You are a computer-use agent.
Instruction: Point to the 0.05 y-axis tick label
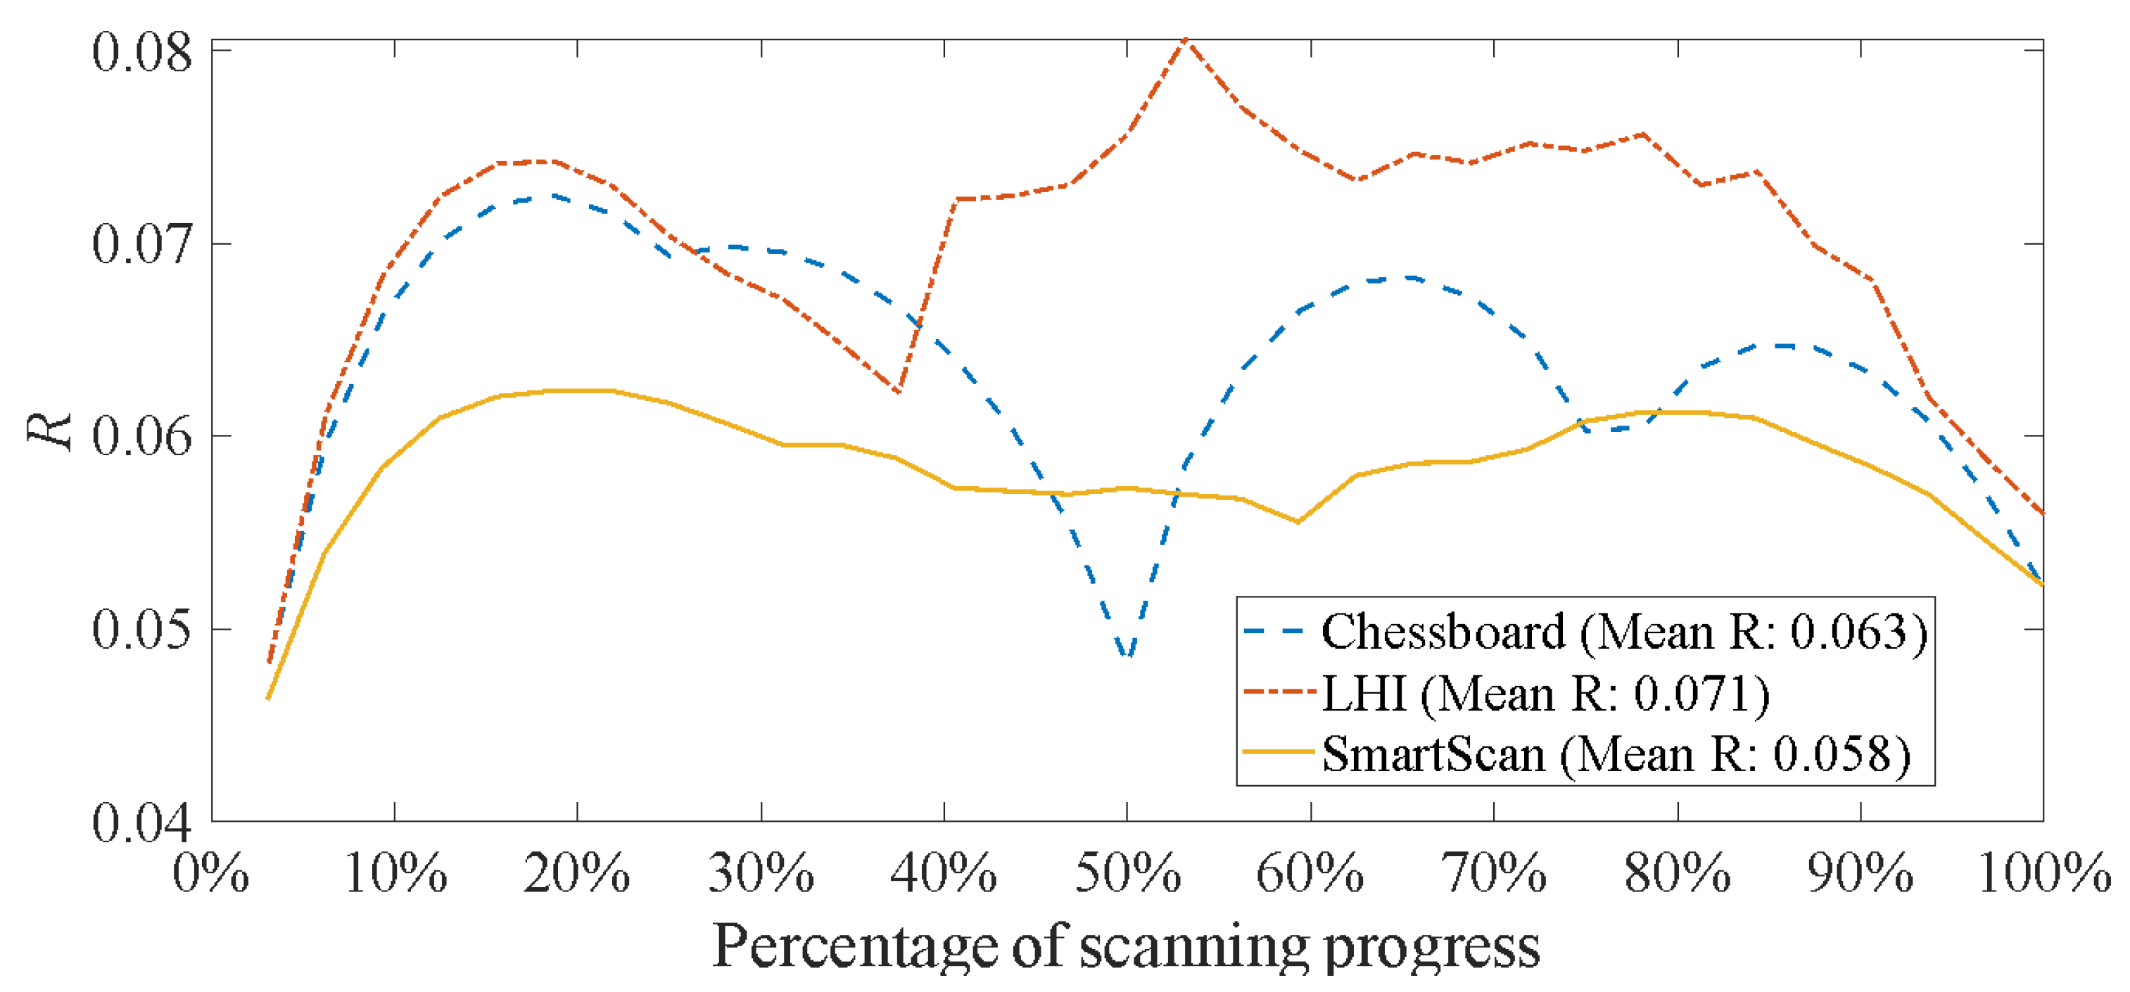pyautogui.click(x=141, y=630)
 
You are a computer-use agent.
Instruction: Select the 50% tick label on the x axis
pyautogui.click(x=1128, y=874)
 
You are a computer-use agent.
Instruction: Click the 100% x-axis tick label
pyautogui.click(x=2044, y=874)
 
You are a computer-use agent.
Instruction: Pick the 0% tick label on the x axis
pyautogui.click(x=211, y=874)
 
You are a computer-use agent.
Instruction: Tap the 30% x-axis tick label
pyautogui.click(x=761, y=874)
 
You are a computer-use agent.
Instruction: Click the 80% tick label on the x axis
pyautogui.click(x=1677, y=874)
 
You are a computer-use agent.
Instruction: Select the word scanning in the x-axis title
pyautogui.click(x=1195, y=946)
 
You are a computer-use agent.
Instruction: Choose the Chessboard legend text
pyautogui.click(x=1443, y=632)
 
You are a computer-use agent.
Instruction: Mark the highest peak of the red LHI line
pyautogui.click(x=1186, y=39)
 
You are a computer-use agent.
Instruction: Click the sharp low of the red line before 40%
pyautogui.click(x=898, y=392)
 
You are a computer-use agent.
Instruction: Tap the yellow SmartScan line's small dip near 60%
pyautogui.click(x=1298, y=521)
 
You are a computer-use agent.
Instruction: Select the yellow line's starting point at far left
pyautogui.click(x=268, y=699)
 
